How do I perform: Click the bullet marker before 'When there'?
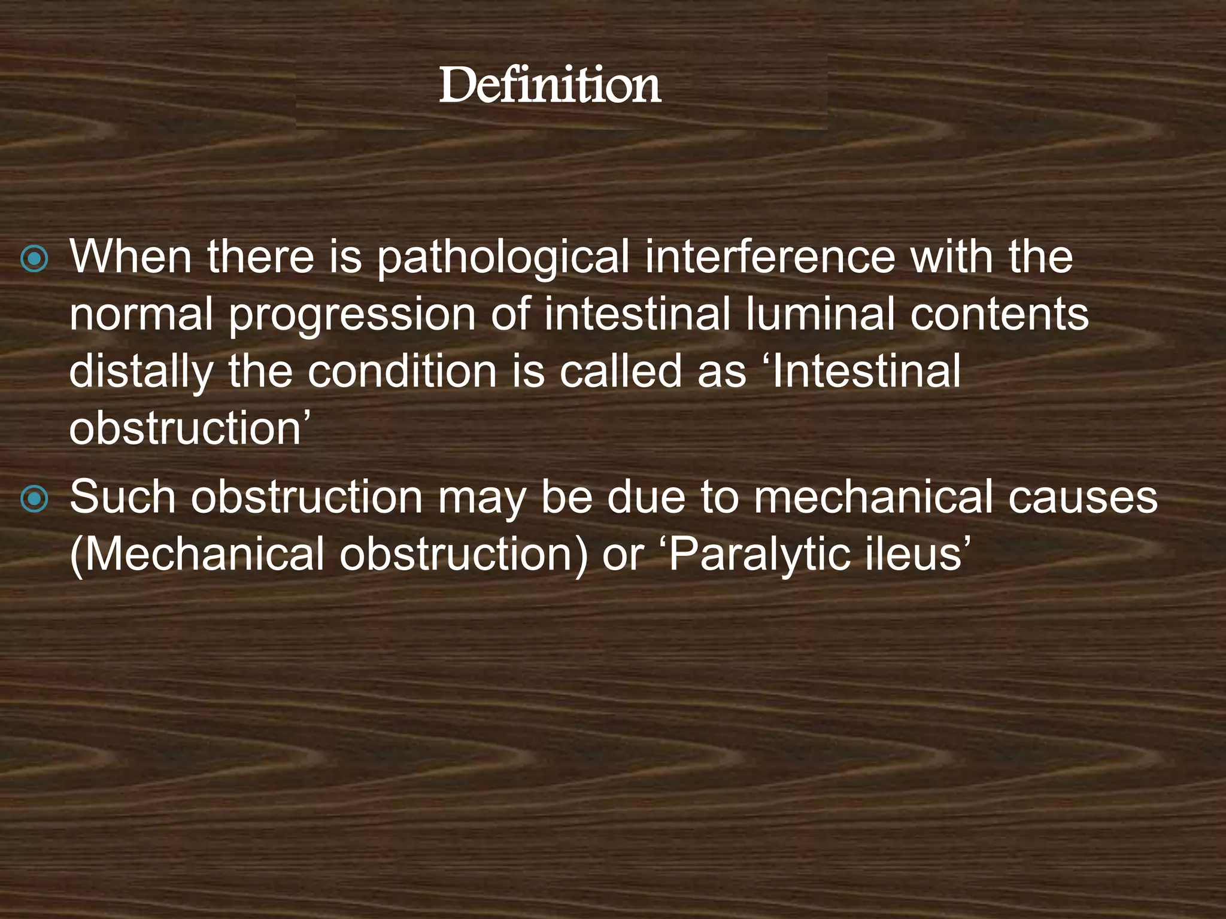click(x=34, y=258)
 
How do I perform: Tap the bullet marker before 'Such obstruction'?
click(x=34, y=500)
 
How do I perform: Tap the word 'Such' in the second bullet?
click(x=122, y=498)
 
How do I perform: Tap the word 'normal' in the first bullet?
click(x=141, y=315)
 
